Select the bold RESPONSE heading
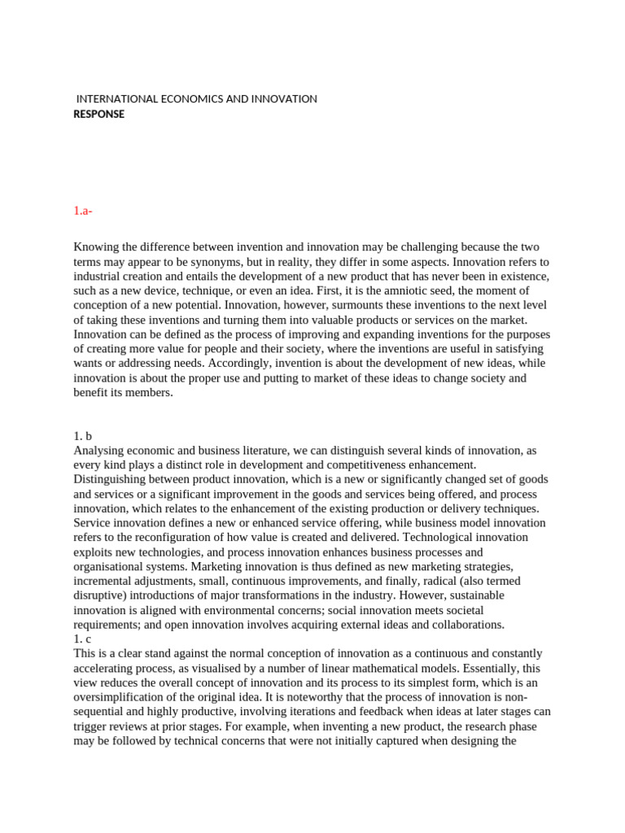(99, 115)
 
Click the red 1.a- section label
(83, 211)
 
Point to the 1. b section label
(84, 435)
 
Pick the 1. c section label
(84, 639)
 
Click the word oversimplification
(126, 697)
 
